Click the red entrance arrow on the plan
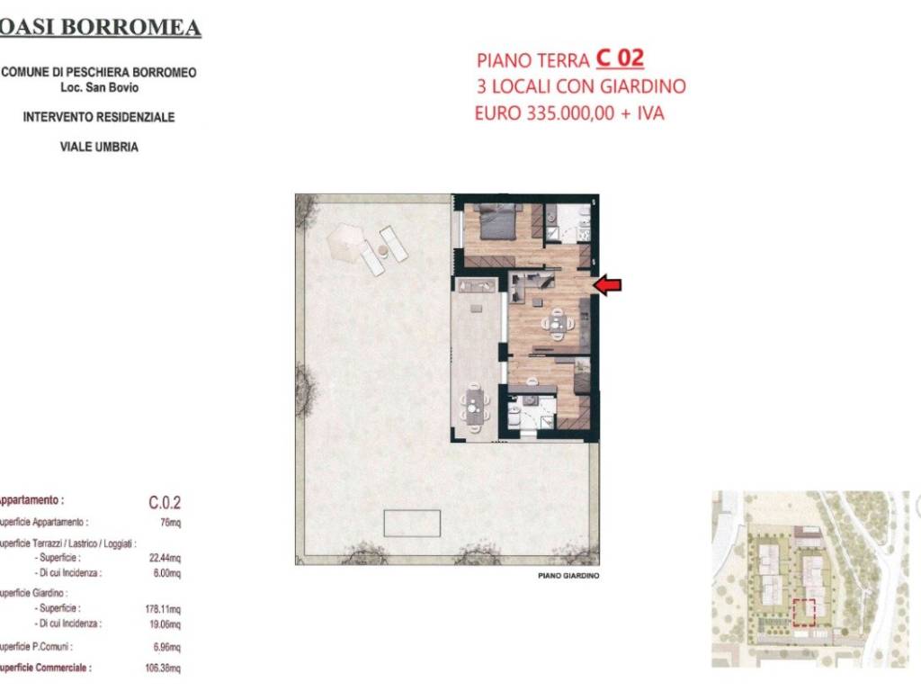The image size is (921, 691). tap(608, 285)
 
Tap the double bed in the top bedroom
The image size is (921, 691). tap(498, 221)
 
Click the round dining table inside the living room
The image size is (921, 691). tap(556, 323)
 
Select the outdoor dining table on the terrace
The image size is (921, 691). tap(475, 406)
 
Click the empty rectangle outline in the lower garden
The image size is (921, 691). tap(412, 523)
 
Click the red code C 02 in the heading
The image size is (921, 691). tap(620, 58)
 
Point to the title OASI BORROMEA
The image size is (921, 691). tap(101, 28)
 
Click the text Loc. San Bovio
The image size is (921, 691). tap(100, 87)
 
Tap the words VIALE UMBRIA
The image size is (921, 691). tap(99, 147)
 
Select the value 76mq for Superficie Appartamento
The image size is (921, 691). tap(170, 523)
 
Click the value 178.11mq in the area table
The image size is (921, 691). tap(164, 609)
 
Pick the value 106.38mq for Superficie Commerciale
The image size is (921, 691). tap(164, 669)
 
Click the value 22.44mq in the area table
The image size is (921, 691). tap(165, 558)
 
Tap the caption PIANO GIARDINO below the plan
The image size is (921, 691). tap(568, 576)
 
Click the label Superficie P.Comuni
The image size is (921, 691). tap(36, 647)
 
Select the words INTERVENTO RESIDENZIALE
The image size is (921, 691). tap(99, 117)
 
